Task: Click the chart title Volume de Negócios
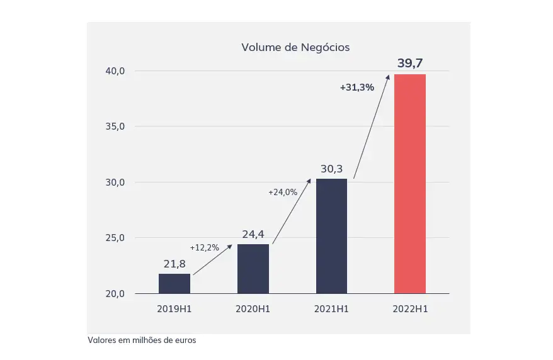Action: click(295, 47)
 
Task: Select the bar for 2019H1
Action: click(174, 283)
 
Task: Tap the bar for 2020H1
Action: click(253, 269)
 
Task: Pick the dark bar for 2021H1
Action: click(331, 236)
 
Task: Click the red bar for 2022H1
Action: click(410, 184)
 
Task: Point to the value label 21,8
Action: click(174, 264)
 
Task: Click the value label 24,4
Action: click(253, 235)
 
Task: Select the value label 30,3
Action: click(331, 169)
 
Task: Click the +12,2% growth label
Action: click(204, 247)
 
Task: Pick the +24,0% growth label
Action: click(283, 192)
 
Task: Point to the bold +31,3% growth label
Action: click(356, 87)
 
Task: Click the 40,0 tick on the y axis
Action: click(115, 71)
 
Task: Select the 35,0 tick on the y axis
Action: click(115, 127)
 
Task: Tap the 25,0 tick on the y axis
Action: click(115, 238)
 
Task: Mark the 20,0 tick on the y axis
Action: click(115, 294)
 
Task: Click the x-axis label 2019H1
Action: click(174, 309)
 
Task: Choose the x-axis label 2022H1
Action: click(410, 309)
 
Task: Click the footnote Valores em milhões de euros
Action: click(142, 340)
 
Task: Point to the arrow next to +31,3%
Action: click(372, 126)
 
